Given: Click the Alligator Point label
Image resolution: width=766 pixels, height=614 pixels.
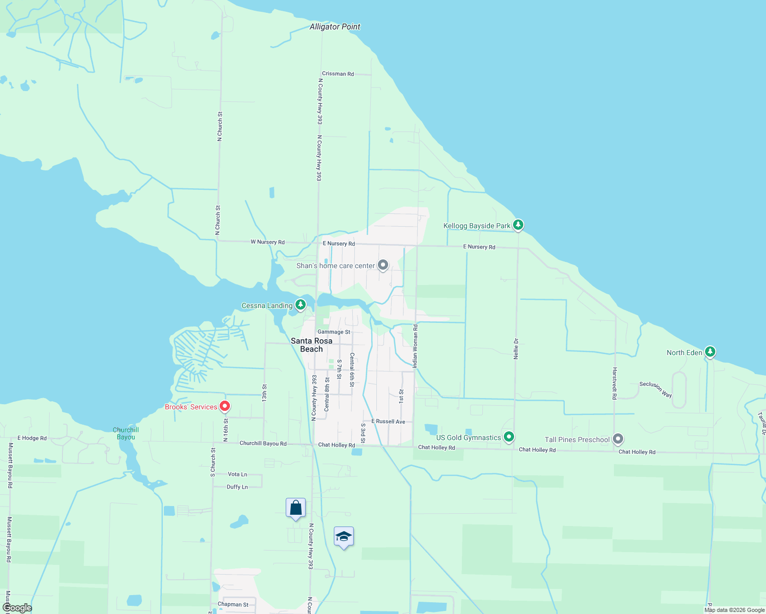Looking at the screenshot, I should (335, 27).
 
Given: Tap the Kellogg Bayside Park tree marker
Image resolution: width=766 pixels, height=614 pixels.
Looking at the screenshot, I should (518, 225).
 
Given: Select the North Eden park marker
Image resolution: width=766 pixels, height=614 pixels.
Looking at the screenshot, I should (710, 352).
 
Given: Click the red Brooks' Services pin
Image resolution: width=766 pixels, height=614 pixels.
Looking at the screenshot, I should (224, 406).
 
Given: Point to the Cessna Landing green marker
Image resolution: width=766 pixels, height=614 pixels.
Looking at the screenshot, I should (301, 305).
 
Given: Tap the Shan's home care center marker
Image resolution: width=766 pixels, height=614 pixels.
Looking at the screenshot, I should (383, 265).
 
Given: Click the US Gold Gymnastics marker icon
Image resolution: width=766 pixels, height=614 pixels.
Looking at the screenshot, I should (508, 437).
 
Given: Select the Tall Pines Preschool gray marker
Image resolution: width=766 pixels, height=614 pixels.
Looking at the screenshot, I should (618, 438).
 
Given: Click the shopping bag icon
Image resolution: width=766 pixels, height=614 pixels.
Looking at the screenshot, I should (295, 508).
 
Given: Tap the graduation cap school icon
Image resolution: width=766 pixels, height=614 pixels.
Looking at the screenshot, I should (344, 537).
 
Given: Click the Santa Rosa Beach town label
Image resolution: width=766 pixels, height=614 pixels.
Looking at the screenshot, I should (311, 345).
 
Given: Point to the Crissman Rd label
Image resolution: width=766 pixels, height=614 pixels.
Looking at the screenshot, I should (338, 74).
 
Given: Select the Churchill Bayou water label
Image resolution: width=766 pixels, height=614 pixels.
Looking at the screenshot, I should (126, 433).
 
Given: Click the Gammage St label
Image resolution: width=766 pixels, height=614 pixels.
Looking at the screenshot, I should (334, 332).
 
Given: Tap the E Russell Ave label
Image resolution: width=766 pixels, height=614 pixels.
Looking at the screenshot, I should (388, 422).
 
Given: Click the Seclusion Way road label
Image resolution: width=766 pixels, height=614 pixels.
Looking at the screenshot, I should (655, 389).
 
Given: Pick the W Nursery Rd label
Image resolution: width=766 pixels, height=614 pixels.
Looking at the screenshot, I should (267, 242).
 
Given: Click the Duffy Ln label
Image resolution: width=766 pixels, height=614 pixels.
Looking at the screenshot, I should (237, 487).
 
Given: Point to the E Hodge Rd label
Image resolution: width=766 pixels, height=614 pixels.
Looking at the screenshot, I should (32, 438).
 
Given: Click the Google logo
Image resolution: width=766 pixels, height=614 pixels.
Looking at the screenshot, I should (17, 608).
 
